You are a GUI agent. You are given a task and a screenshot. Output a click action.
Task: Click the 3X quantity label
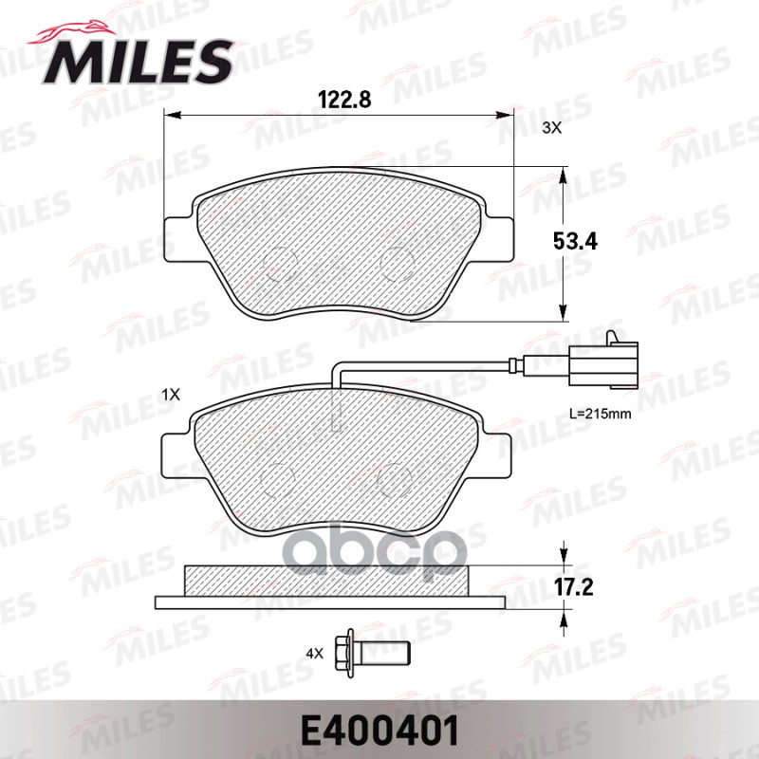point(551,128)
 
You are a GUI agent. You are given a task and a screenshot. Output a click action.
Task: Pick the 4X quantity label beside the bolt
point(314,653)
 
